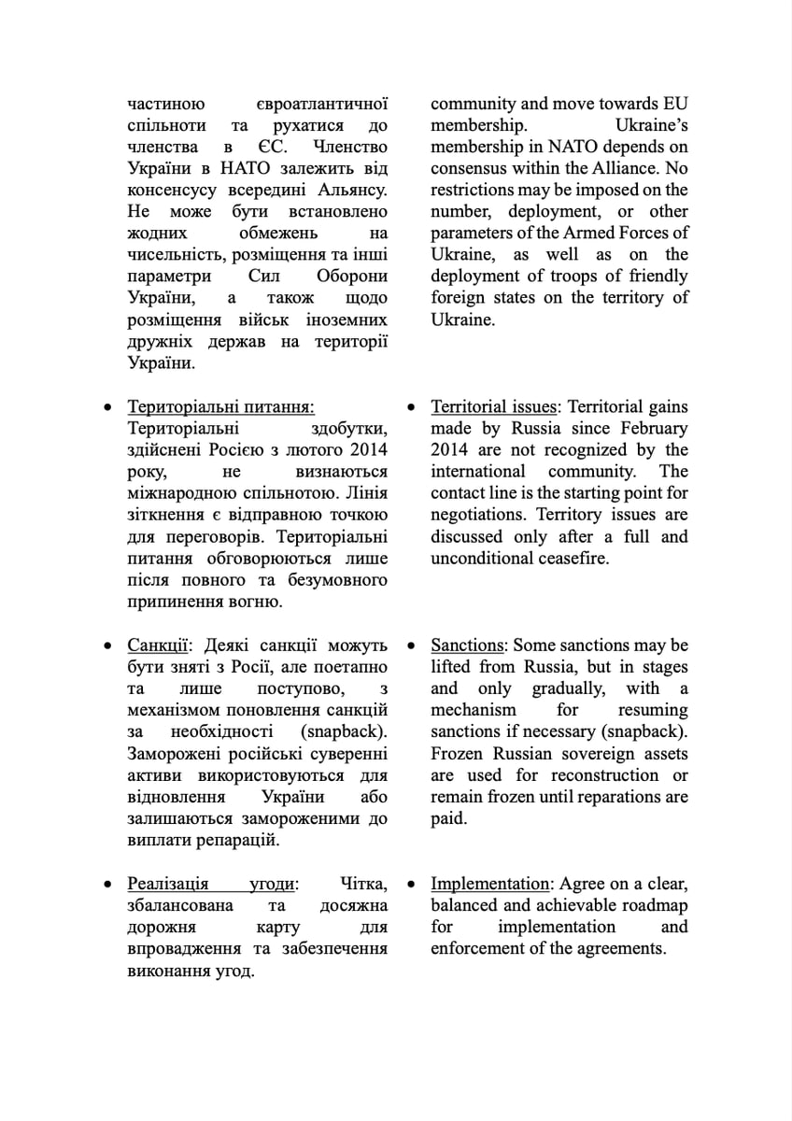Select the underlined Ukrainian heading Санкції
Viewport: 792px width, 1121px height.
[x=159, y=646]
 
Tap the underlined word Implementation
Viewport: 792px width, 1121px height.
[x=489, y=884]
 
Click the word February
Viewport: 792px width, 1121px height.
[x=650, y=429]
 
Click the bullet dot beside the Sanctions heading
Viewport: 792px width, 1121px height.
[x=411, y=646]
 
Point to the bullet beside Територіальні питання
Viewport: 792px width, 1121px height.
[x=108, y=407]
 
